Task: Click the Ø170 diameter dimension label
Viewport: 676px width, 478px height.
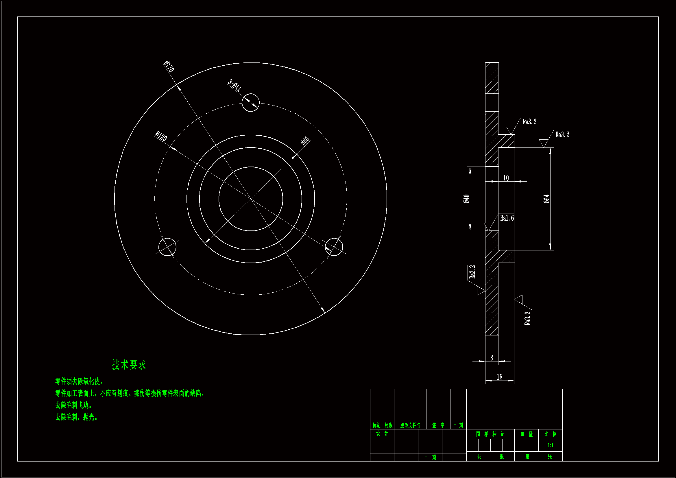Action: point(169,66)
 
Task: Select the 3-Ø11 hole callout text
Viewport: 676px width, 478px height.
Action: point(235,85)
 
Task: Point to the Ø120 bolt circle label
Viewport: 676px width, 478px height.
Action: point(161,136)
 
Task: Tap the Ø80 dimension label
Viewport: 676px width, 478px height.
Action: point(305,141)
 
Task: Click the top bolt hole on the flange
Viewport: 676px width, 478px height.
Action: point(251,102)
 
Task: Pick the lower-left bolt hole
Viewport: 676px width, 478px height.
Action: point(167,247)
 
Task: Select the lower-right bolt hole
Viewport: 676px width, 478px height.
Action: point(334,247)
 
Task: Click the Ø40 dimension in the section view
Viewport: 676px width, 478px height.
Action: point(466,199)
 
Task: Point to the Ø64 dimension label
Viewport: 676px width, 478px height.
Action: point(546,199)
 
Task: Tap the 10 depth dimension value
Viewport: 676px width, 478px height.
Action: point(506,178)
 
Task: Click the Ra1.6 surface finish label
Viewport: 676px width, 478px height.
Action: point(507,218)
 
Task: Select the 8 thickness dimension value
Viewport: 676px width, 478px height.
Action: point(492,357)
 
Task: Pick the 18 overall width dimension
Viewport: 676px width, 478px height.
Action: point(500,377)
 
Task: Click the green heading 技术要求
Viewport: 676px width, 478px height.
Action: point(129,365)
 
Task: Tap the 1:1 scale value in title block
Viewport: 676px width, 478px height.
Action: point(550,445)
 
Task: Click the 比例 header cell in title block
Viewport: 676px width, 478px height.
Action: point(550,434)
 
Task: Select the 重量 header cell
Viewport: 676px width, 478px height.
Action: point(527,434)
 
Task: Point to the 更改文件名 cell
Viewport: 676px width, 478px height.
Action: point(410,425)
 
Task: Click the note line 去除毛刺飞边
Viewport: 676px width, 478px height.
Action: point(74,405)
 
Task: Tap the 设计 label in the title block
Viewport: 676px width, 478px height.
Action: point(382,433)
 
